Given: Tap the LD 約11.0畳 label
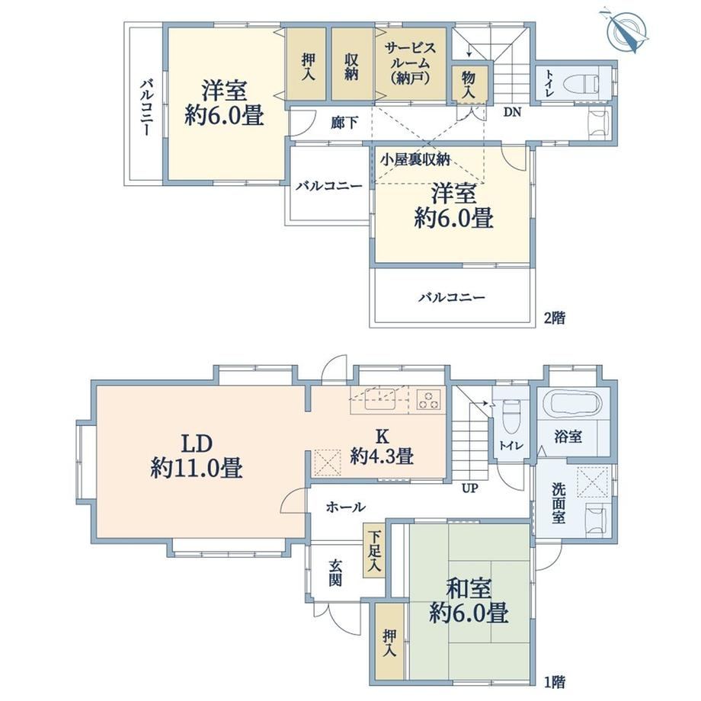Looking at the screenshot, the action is point(197,456).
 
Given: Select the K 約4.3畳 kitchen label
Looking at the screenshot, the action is point(382,447).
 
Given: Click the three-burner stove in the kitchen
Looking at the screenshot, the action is point(429,399).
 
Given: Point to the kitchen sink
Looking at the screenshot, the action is point(380,399).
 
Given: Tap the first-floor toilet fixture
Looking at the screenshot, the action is point(510,414).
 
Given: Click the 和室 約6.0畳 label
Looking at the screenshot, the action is point(469,601).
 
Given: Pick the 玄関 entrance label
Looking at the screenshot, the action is point(335,573).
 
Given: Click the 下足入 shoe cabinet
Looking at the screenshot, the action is point(374,550).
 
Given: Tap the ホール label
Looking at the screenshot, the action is point(346,507).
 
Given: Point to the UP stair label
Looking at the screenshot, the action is point(470,488).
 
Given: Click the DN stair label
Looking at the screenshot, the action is point(512,112).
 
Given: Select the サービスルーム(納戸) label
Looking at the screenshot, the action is point(410,63).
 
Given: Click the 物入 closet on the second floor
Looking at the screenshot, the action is point(468,85).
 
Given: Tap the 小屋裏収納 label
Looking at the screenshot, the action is point(415,159).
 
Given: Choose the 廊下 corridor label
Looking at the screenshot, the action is point(344,123).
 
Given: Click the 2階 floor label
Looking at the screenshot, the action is point(555,318).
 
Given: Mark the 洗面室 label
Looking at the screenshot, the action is point(559,503).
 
